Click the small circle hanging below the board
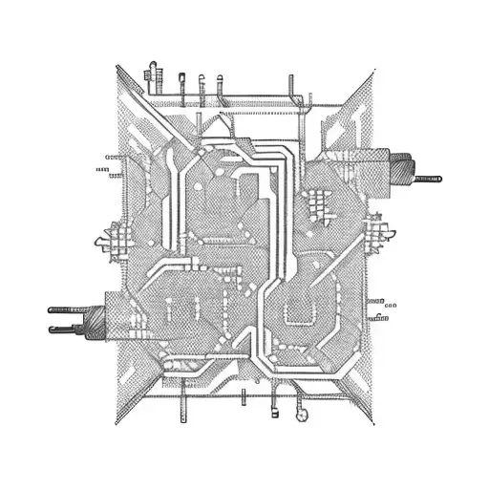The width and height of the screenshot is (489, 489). click(303, 415)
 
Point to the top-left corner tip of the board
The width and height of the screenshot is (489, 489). click(117, 66)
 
